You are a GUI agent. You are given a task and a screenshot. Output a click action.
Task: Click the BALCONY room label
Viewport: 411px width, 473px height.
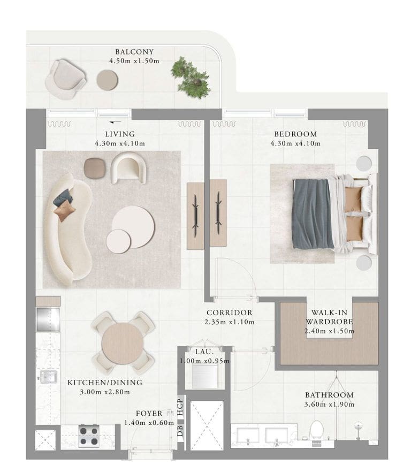[134, 52]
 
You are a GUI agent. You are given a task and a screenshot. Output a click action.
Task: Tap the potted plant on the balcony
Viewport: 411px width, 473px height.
[191, 78]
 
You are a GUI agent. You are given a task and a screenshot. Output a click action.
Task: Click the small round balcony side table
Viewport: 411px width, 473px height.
[107, 80]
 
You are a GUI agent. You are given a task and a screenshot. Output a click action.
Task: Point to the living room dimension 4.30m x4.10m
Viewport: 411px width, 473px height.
[119, 143]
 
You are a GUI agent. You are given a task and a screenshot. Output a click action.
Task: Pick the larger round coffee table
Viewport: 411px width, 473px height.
[134, 227]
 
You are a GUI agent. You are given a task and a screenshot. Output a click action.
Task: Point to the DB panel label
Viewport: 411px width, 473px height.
[180, 431]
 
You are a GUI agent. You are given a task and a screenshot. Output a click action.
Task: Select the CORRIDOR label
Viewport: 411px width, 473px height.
[230, 313]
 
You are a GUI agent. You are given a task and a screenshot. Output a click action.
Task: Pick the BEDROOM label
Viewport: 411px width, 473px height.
[295, 134]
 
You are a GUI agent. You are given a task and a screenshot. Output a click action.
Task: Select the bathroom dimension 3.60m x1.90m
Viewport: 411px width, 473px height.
[329, 404]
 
